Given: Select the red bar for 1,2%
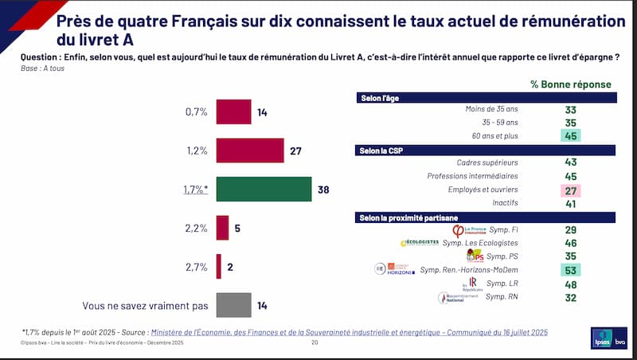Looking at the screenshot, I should (250, 151).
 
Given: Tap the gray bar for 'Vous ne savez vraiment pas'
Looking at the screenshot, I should (234, 306).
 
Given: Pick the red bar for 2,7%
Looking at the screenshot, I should (219, 267).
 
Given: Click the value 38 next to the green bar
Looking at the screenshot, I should (323, 190).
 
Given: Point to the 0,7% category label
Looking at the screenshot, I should (196, 112).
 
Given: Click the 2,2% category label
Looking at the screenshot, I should (196, 229).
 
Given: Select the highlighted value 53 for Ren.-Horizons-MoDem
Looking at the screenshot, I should (570, 270).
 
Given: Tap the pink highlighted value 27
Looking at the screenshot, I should (570, 190).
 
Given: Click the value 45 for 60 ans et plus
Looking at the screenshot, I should (570, 135).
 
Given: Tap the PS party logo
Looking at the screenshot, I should (475, 256).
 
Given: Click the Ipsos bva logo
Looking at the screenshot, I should (609, 338).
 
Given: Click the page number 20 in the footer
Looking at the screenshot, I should (315, 343).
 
